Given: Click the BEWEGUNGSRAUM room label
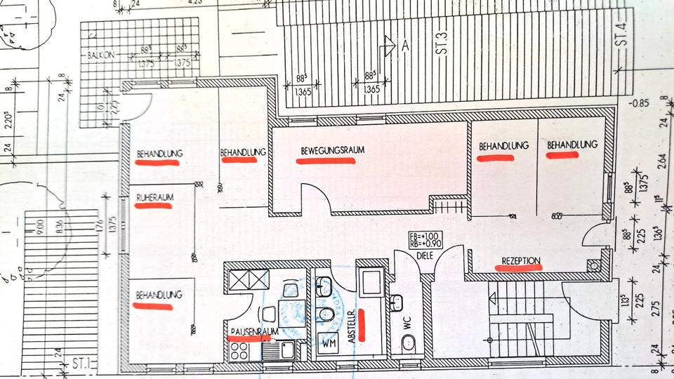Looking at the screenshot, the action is coord(324,151).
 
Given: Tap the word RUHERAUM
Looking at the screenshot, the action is coord(154,197).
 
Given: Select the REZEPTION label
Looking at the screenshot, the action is coord(520,260).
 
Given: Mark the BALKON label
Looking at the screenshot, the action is coord(95,55).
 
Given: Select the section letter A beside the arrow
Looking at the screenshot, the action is coord(404,46).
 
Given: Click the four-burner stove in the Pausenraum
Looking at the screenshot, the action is coord(239,350).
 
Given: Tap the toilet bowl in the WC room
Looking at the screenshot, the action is coord(408,343).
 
